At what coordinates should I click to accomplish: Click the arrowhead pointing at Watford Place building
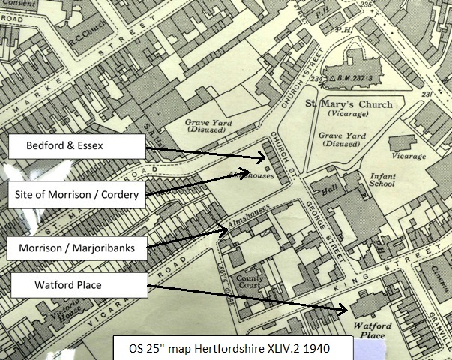[x=344, y=309]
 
